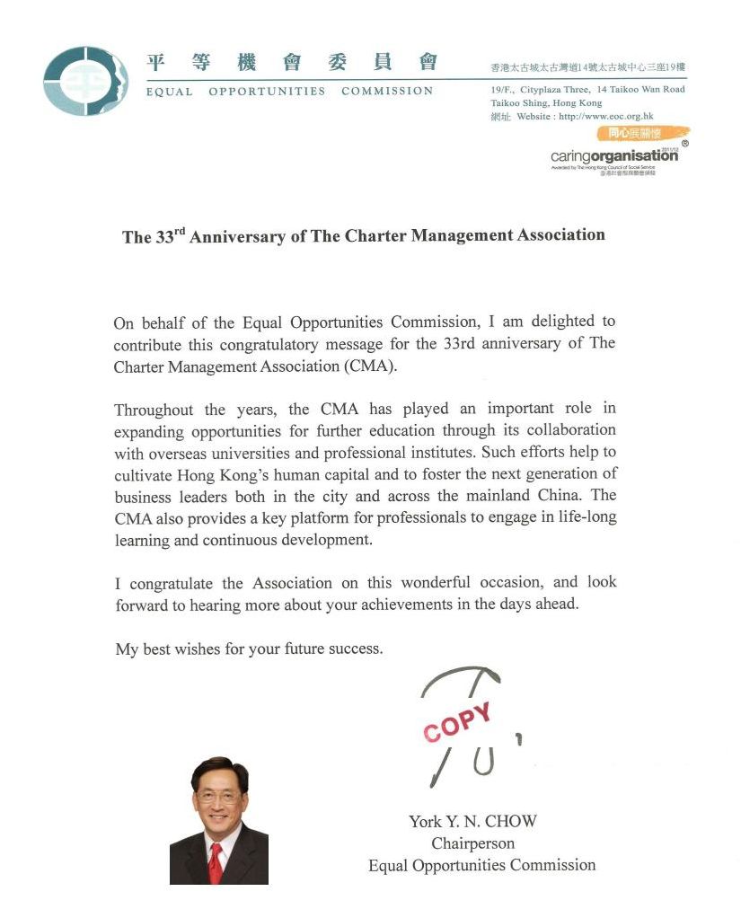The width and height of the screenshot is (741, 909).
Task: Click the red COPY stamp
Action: coord(457,721)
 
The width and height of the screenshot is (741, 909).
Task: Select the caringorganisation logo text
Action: coord(614,155)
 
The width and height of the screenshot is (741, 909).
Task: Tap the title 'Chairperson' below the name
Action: coord(472,843)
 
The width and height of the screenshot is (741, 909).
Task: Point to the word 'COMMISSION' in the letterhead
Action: coord(387,91)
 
